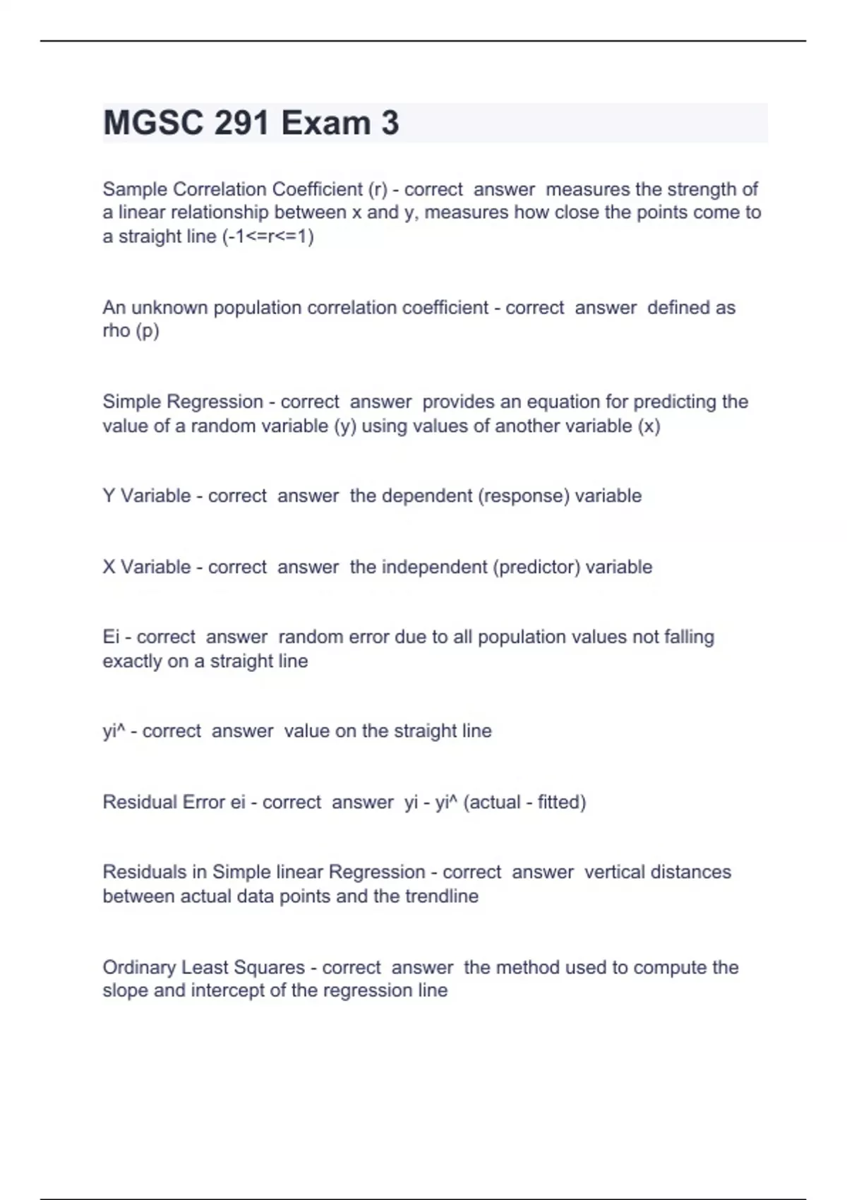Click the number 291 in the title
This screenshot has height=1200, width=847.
coord(241,123)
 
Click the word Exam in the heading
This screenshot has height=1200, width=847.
coord(325,123)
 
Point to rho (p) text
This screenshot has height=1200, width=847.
coord(131,331)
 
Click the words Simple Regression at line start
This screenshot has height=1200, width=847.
coord(183,402)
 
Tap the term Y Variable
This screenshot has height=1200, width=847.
coord(147,496)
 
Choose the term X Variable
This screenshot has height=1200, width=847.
coord(147,567)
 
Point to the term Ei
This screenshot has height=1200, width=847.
coord(111,637)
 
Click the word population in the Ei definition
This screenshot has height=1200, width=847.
coord(517,637)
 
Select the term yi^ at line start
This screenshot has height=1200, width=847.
coord(114,731)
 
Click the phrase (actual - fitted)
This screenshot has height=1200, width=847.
coord(524,802)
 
